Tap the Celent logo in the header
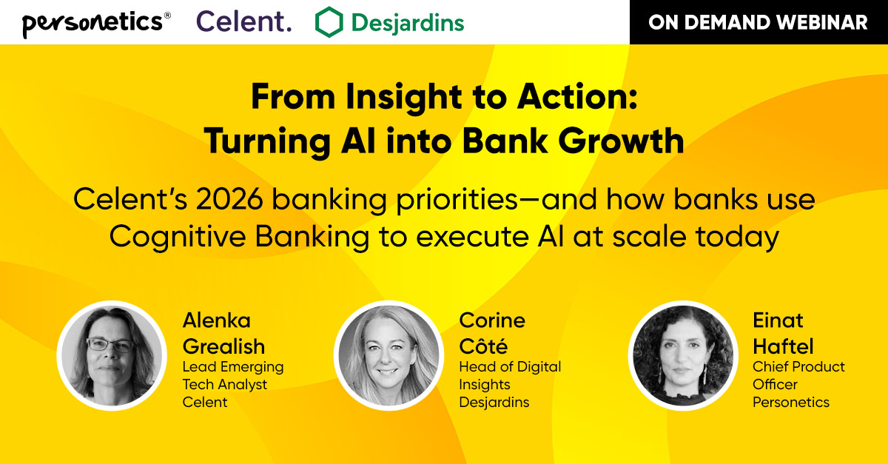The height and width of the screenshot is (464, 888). [243, 22]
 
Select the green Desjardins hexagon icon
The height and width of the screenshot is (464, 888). [329, 22]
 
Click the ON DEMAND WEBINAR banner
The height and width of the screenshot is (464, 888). [758, 22]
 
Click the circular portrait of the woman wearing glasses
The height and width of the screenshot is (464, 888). [112, 356]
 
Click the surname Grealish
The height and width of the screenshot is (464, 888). [223, 346]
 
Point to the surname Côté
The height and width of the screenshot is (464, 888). [482, 346]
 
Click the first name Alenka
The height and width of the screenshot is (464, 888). [216, 320]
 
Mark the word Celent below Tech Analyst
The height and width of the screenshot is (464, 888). [206, 403]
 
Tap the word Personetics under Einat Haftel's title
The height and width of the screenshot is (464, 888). [791, 403]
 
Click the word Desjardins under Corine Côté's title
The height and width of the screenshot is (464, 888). [494, 403]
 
